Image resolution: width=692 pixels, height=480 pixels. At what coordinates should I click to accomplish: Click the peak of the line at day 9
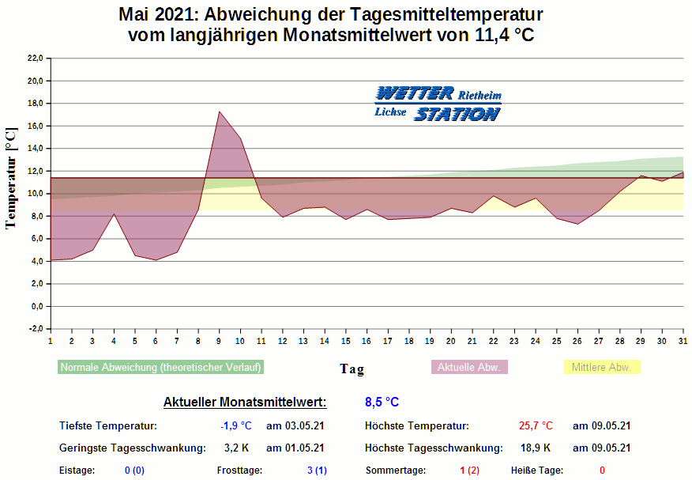click(x=219, y=111)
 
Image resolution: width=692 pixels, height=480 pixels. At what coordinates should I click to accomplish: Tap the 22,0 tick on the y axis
click(x=35, y=59)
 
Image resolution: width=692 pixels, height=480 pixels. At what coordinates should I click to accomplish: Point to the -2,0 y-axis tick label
click(x=35, y=329)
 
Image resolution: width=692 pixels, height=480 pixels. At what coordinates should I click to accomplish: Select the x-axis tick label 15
click(x=346, y=341)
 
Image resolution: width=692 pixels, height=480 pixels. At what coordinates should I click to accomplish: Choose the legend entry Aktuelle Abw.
click(x=468, y=368)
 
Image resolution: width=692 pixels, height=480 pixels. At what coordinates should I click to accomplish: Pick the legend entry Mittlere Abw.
click(x=601, y=368)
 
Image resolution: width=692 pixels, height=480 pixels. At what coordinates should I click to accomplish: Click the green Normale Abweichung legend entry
click(x=160, y=368)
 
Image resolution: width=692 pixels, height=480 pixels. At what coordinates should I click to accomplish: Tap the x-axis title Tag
click(x=352, y=369)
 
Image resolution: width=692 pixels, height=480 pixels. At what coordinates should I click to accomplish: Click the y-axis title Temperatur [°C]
click(x=11, y=178)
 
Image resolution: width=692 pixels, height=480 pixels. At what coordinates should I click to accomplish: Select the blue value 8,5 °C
click(x=382, y=403)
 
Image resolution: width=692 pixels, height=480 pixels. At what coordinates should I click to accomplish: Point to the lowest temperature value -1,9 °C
click(x=235, y=425)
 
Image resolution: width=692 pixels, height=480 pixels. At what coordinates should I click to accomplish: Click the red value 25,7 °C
click(x=536, y=425)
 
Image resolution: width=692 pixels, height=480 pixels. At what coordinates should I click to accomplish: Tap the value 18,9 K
click(x=536, y=448)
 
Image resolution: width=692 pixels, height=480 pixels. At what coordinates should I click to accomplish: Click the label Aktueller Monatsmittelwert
click(x=244, y=403)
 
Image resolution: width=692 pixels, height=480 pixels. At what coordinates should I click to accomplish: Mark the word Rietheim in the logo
click(x=480, y=96)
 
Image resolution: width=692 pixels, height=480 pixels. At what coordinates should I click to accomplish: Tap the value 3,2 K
click(x=235, y=448)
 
